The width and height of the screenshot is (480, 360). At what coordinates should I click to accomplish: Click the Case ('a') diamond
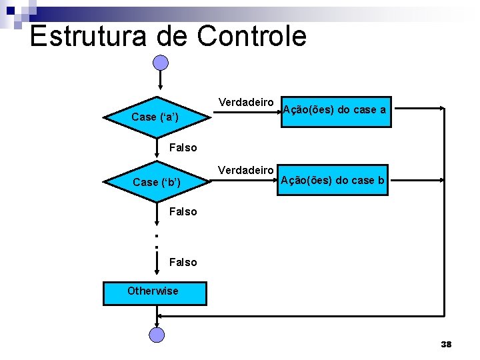click(x=157, y=117)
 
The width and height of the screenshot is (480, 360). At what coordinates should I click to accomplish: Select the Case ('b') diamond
click(x=157, y=181)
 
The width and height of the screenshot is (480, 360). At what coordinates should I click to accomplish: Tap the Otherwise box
click(x=155, y=293)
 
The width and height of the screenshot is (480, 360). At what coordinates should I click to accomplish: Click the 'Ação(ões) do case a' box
click(x=334, y=111)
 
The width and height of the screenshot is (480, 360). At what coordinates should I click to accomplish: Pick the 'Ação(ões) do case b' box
click(x=333, y=180)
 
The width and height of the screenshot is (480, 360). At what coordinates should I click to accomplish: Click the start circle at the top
click(x=161, y=63)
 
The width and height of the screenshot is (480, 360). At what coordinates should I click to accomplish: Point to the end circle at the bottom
click(x=156, y=335)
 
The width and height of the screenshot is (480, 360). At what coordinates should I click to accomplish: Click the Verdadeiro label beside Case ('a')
click(x=246, y=102)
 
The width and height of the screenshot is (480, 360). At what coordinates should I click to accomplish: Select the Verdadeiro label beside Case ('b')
click(x=246, y=170)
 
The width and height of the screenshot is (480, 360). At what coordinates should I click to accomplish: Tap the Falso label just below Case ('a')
click(x=183, y=147)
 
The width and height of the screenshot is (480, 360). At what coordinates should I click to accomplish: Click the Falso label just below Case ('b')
click(x=183, y=211)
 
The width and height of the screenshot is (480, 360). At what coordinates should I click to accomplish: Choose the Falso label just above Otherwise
click(x=183, y=262)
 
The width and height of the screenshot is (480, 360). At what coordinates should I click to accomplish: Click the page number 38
click(x=446, y=344)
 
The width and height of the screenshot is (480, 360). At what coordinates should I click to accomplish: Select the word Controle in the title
click(x=251, y=35)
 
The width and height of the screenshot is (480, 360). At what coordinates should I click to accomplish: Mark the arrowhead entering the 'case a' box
click(x=279, y=107)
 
